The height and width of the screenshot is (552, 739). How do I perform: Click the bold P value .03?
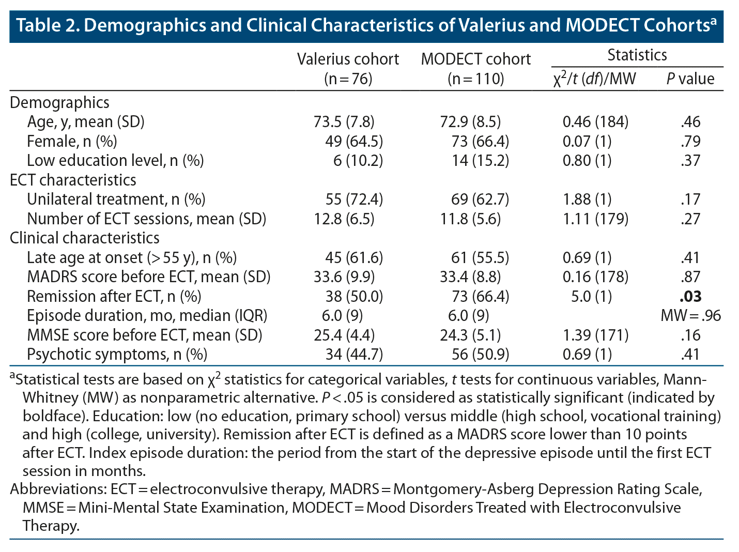pos(690,297)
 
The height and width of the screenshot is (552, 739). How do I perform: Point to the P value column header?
pos(690,79)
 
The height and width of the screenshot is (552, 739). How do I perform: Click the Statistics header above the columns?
pos(637,55)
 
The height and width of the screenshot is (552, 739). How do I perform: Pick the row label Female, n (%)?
pos(72,142)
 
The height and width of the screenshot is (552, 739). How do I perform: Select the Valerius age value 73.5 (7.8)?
pos(344,122)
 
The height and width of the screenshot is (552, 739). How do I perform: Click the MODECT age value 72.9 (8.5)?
pos(470,122)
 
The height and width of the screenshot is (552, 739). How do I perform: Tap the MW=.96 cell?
pos(690,316)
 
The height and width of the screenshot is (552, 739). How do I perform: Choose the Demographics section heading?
pos(59,103)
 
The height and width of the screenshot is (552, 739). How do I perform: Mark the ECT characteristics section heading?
pos(73,180)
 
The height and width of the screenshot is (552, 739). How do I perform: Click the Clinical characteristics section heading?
pos(84,238)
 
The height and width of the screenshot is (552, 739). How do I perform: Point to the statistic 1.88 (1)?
pos(587,200)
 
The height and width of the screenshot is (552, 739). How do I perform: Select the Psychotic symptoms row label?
pos(117,355)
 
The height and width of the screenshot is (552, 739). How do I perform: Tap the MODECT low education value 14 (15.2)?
pos(480,161)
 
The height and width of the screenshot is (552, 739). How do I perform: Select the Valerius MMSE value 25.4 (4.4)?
pos(344,335)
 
